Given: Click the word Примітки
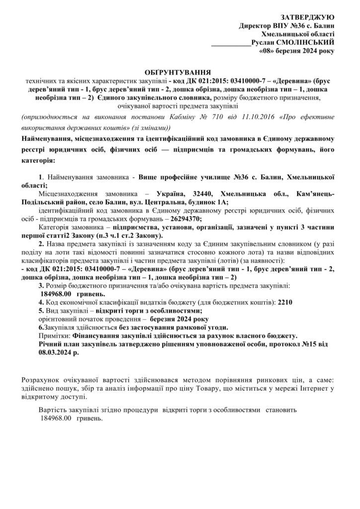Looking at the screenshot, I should point(54,336).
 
